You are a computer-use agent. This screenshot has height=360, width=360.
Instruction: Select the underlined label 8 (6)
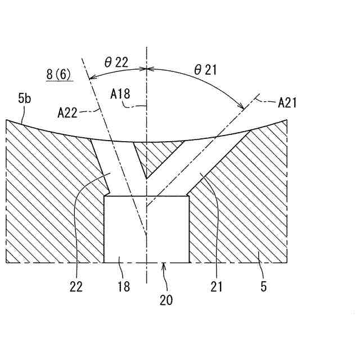point(59,74)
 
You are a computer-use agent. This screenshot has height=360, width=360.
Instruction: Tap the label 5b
point(24,100)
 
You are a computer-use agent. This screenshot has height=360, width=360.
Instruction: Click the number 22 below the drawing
point(76,286)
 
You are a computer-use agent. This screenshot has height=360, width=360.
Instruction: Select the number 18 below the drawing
point(123,286)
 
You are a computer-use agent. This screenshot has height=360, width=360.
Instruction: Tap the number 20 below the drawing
point(165,300)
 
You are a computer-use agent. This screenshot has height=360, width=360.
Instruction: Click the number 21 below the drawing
point(217,286)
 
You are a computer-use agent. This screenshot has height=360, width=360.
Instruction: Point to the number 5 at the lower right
point(264,286)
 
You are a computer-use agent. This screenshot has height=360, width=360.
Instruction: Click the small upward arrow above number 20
point(164,267)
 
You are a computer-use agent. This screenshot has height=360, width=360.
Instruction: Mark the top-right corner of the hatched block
point(287,120)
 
